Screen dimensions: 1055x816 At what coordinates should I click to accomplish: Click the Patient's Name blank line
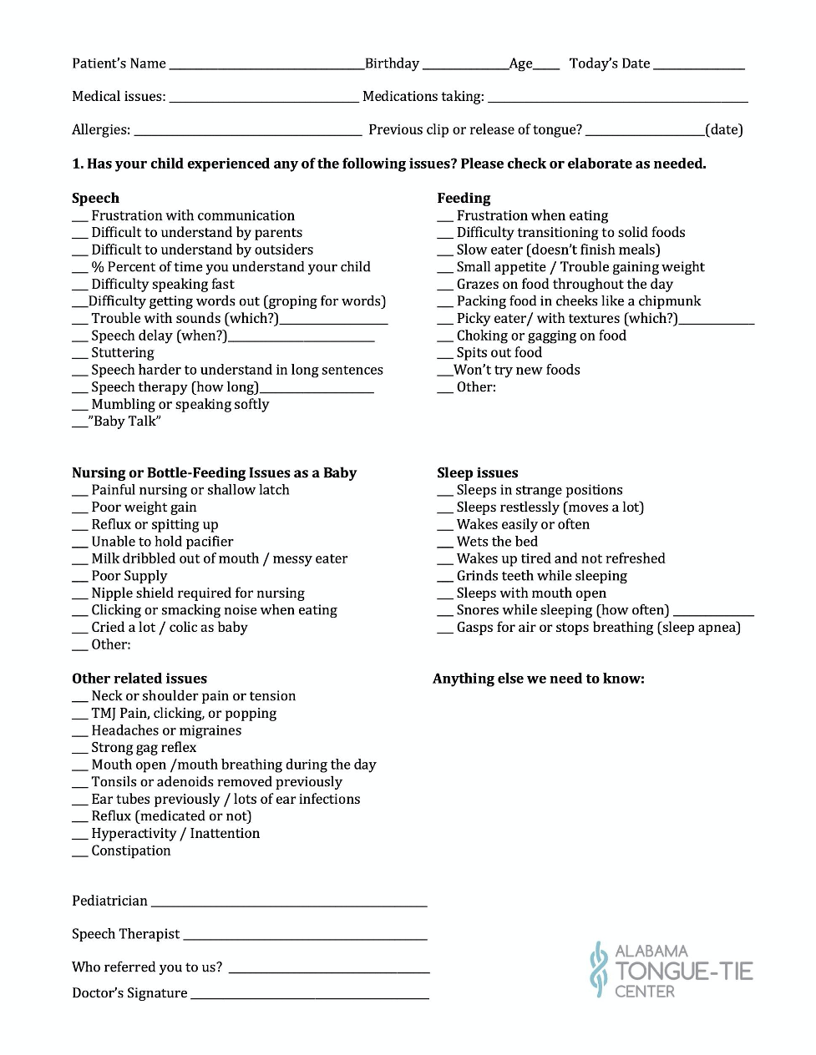click(x=266, y=67)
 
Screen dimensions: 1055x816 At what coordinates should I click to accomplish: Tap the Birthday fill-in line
click(x=465, y=67)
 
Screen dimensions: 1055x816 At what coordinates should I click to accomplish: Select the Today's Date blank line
click(x=698, y=67)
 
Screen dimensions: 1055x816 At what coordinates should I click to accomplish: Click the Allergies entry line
click(x=248, y=133)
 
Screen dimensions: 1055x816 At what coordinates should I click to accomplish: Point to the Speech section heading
click(x=95, y=198)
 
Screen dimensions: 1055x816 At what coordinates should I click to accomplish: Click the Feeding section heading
click(x=464, y=198)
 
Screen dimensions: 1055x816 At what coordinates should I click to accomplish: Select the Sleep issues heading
click(x=477, y=472)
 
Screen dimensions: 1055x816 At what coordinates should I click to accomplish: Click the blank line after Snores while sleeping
click(x=713, y=613)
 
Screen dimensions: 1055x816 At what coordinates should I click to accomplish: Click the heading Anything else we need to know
click(x=538, y=679)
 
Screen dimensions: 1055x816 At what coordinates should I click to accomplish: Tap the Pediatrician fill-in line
click(x=289, y=904)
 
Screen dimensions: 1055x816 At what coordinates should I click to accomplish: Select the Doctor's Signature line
click(x=309, y=997)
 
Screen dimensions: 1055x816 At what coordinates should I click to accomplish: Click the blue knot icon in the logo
click(x=597, y=969)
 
